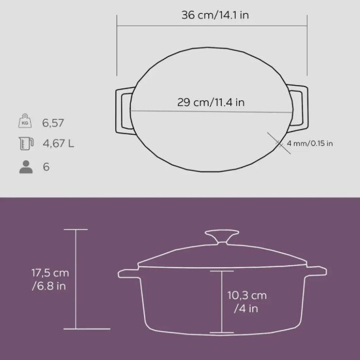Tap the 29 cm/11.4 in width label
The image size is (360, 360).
[x=210, y=102]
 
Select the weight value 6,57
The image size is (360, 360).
[x=54, y=122]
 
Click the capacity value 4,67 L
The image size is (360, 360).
[x=58, y=144]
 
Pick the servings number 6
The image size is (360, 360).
[x=46, y=166]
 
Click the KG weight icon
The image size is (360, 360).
[x=26, y=122]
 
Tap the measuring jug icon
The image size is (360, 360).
[x=26, y=144]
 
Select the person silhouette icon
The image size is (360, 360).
[x=26, y=166]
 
